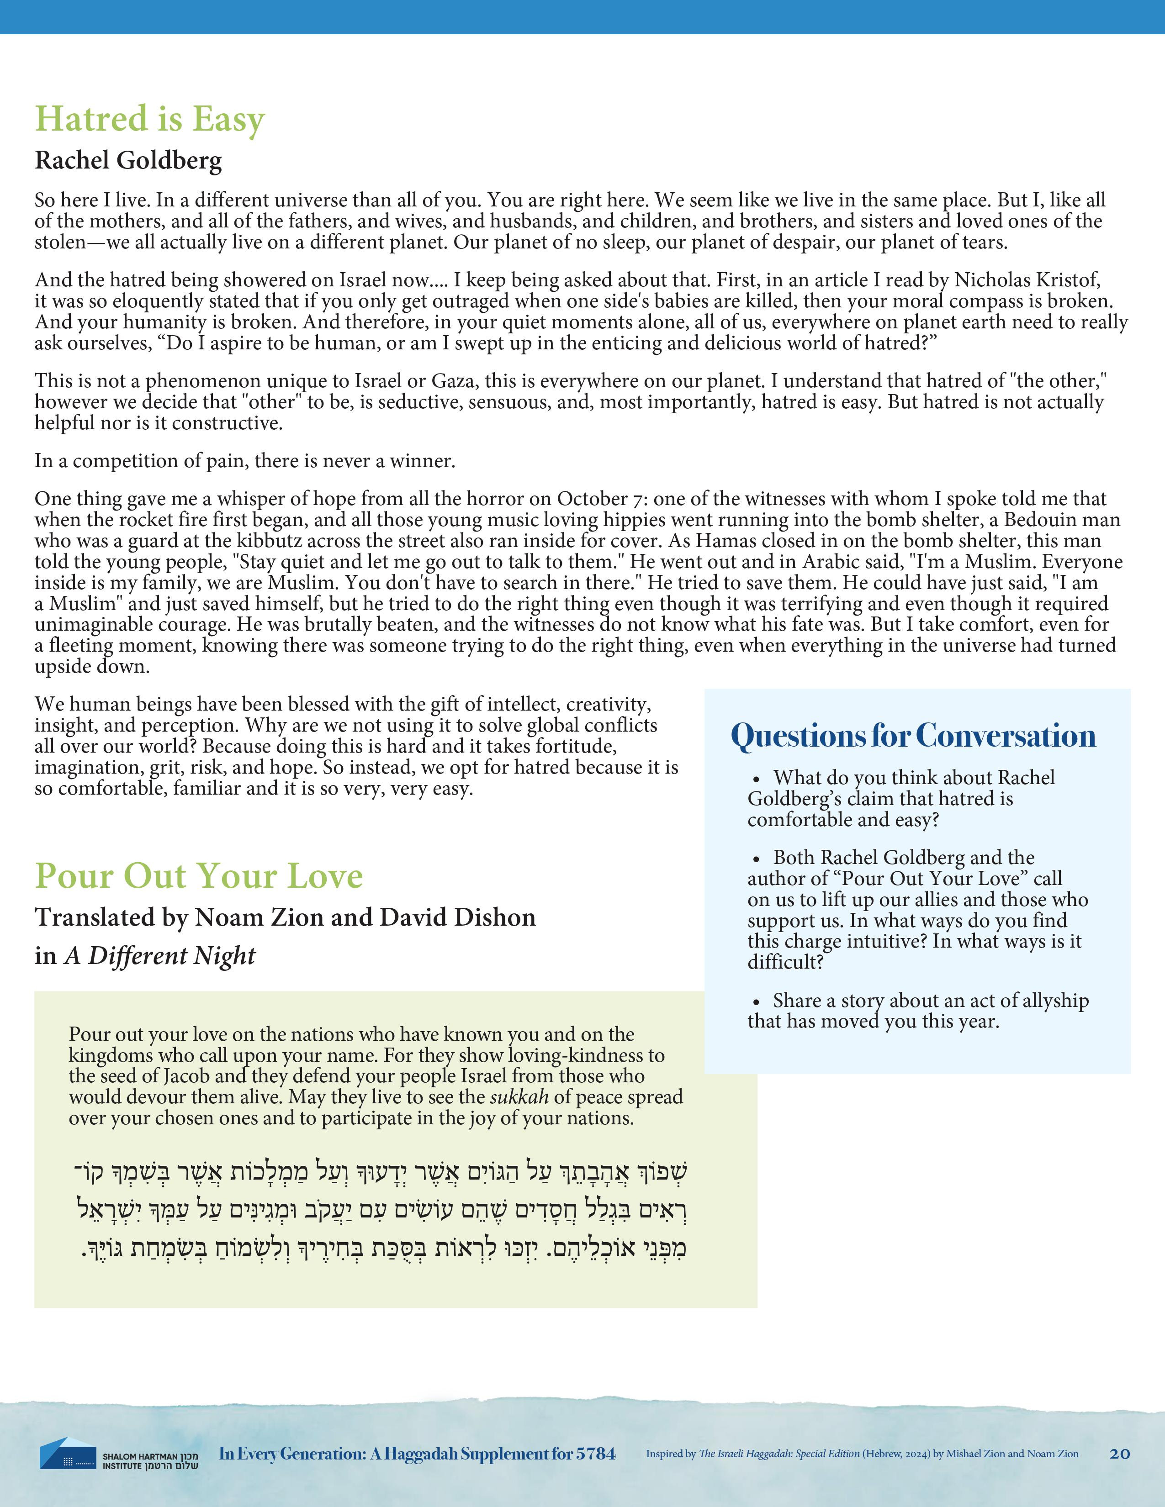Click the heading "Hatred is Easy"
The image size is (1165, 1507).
[150, 119]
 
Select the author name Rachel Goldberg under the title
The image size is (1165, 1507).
[128, 160]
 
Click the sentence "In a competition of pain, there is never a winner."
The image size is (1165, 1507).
[245, 461]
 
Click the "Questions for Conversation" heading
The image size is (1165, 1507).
[912, 736]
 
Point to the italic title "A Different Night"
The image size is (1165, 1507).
[160, 956]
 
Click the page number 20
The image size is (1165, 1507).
[1119, 1454]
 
